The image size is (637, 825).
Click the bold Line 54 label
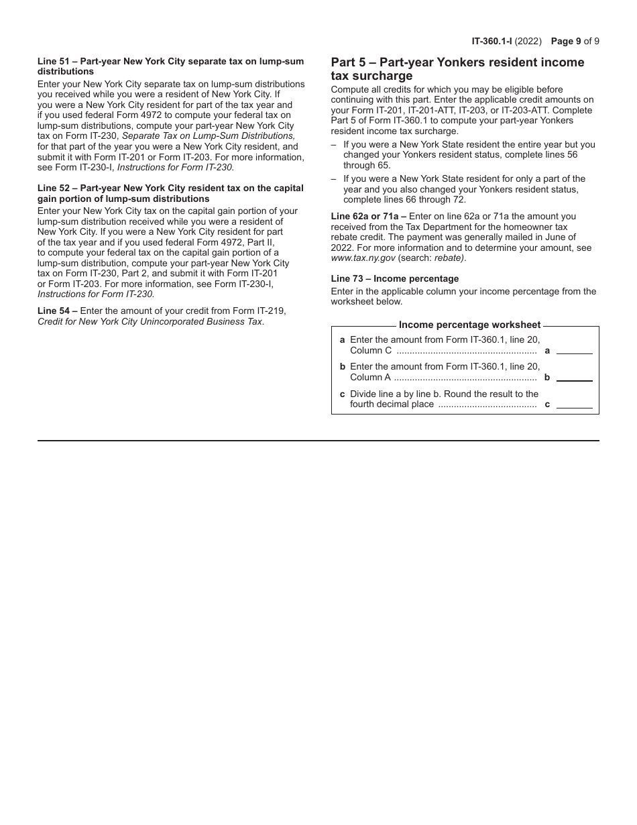coord(57,311)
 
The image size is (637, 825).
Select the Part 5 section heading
coord(457,69)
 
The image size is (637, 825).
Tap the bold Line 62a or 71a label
coord(368,216)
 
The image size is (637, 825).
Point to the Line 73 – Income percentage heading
coord(394,278)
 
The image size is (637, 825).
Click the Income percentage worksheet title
coord(469,325)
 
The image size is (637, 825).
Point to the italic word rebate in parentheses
coord(449,258)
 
